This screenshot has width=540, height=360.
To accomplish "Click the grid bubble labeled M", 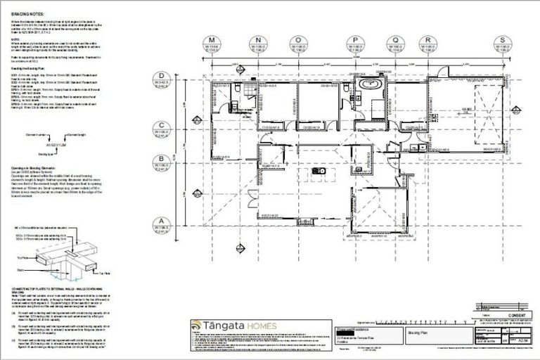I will (x=211, y=40).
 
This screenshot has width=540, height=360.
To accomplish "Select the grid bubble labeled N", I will (x=259, y=40).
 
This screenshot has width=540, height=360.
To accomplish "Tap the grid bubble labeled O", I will (x=299, y=40).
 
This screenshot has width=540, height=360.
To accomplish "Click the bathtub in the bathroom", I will (x=368, y=86).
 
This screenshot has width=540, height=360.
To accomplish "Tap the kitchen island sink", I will (x=317, y=171).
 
